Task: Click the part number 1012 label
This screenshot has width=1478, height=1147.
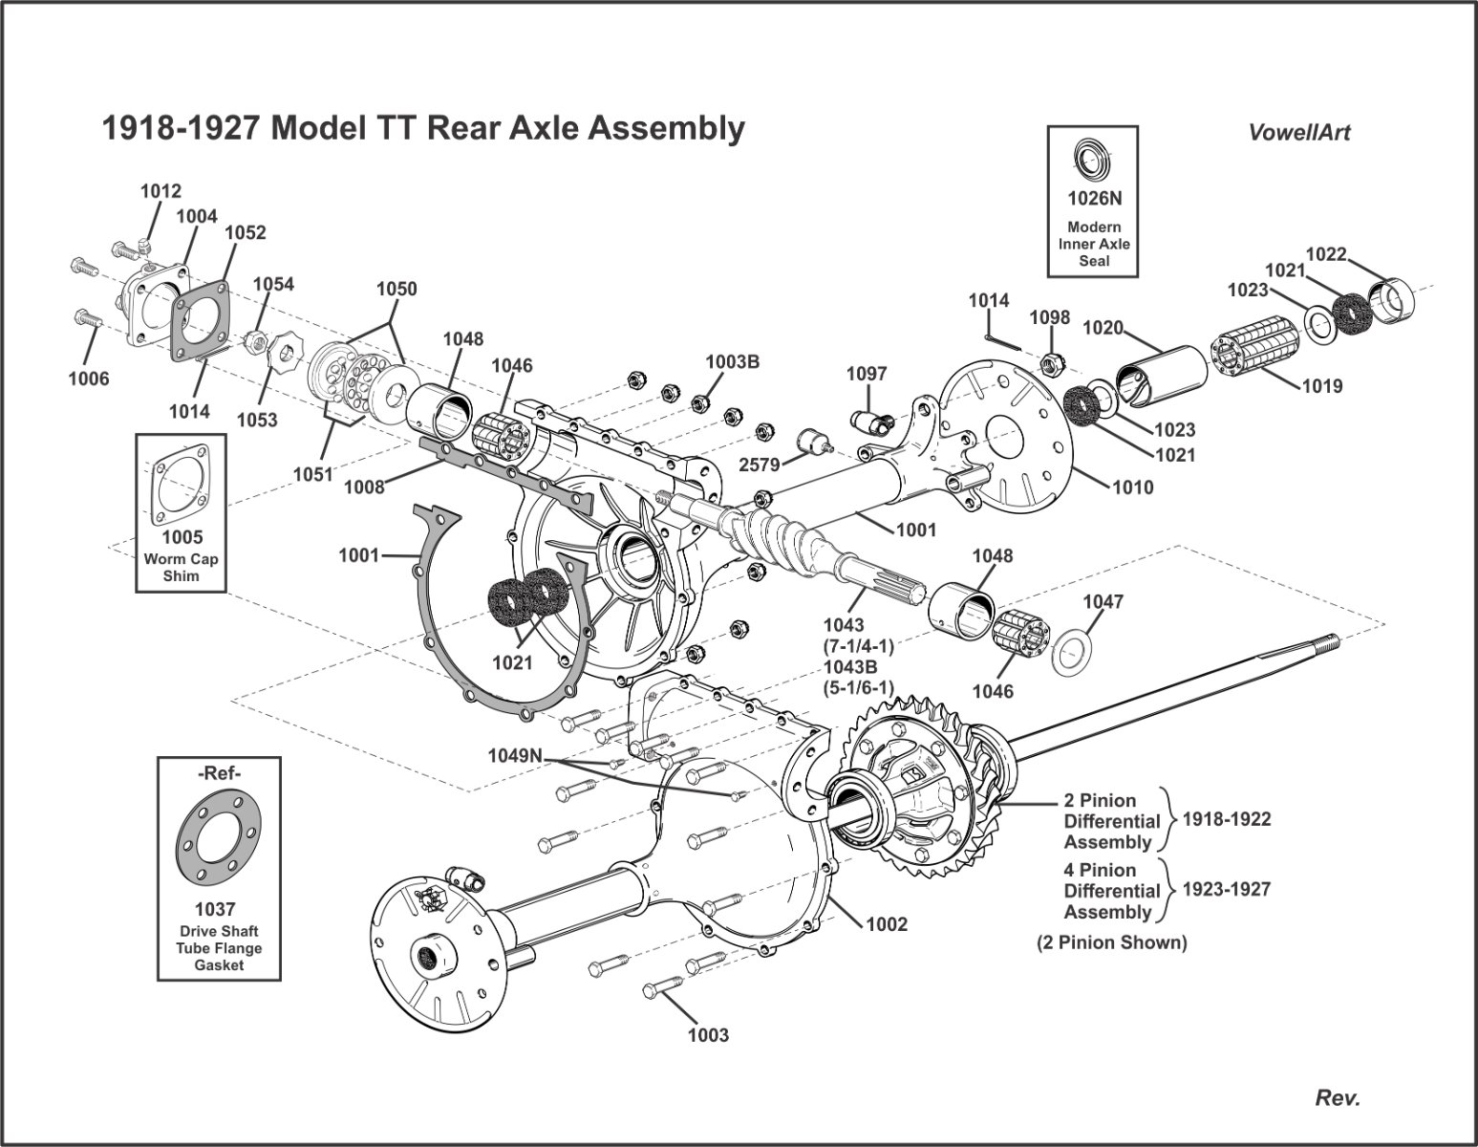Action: (161, 191)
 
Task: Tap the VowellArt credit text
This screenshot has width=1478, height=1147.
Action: (1299, 133)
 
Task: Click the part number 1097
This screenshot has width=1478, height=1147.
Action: (867, 374)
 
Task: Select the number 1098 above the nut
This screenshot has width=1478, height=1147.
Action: (1050, 317)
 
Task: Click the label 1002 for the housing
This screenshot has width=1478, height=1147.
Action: (887, 924)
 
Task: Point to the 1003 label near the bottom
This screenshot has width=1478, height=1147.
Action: (708, 1035)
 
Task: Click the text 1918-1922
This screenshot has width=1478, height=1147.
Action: (1227, 819)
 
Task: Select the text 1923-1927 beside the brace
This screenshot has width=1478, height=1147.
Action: (1227, 889)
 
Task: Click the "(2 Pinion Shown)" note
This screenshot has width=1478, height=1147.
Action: (1111, 942)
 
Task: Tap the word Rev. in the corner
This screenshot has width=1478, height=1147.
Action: (1338, 1098)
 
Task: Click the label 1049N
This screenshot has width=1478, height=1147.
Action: (515, 755)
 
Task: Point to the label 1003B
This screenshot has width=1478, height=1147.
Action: (733, 361)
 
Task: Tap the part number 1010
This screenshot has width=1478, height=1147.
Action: (1133, 487)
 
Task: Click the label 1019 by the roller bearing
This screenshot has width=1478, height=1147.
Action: (1322, 386)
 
